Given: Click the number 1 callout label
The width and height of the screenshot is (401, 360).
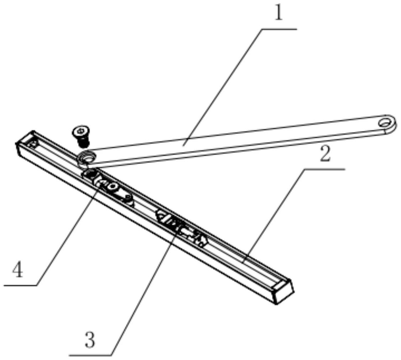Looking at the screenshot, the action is pos(278,13).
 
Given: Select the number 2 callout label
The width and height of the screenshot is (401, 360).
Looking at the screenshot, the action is pos(325,154).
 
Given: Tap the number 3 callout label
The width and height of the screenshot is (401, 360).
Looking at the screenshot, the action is pos(90,339).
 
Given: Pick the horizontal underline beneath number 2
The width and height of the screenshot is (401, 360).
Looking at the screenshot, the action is pos(324,169).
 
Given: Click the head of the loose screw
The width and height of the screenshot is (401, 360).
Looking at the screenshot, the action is pos(80,132).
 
